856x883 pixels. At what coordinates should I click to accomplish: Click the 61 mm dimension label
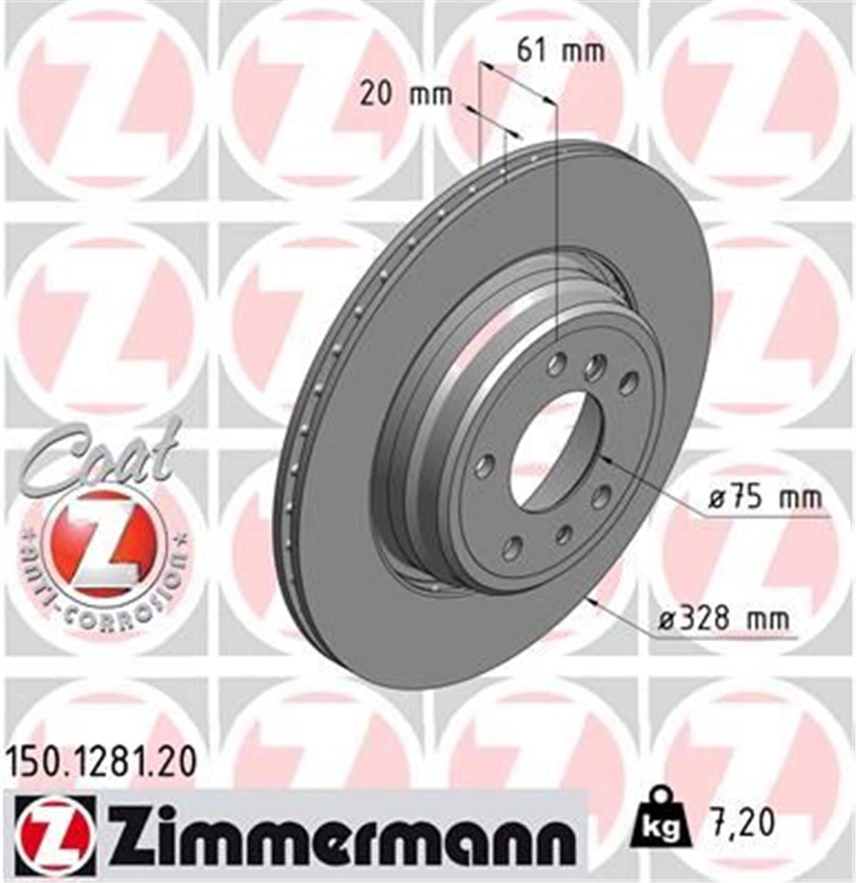(561, 51)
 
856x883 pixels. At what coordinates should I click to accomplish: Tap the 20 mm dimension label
(405, 94)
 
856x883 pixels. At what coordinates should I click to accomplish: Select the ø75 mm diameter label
(765, 498)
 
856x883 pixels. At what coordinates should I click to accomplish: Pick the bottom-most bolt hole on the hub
(511, 548)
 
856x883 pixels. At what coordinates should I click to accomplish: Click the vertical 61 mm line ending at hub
(555, 228)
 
